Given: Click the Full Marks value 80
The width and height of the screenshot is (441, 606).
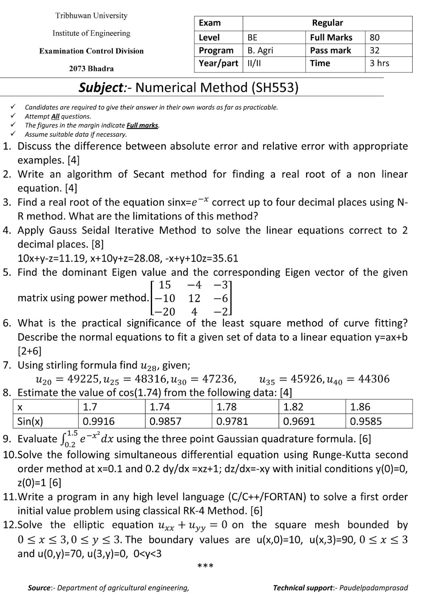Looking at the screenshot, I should click(374, 37).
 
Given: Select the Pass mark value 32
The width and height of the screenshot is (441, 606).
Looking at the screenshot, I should click(374, 50).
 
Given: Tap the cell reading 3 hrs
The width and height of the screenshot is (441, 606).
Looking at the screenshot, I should click(379, 63).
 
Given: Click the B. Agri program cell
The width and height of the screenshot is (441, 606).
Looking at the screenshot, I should click(260, 50).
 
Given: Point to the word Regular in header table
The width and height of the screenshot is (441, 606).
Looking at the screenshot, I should click(327, 23).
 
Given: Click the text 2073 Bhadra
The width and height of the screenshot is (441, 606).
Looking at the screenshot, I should click(91, 69).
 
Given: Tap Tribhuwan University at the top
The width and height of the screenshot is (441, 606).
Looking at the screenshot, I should click(91, 16).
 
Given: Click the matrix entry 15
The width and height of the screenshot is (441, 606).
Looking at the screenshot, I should click(165, 284).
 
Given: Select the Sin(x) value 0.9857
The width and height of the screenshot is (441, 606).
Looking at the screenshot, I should click(165, 421).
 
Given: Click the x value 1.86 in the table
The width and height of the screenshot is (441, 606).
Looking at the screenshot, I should click(360, 407).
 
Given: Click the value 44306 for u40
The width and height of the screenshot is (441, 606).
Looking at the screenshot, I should click(374, 379).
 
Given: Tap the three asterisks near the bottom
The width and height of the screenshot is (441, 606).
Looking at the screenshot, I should click(205, 566).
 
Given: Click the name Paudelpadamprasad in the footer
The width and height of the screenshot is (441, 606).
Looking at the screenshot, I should click(373, 588).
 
